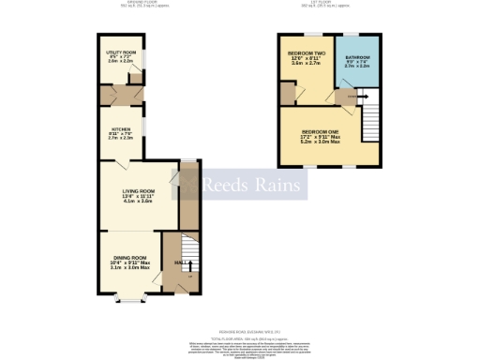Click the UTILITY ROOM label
[121, 53]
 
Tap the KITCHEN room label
[121, 128]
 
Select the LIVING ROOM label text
[137, 191]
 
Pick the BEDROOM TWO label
[307, 54]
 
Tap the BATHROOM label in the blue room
[357, 57]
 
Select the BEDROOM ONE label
[321, 131]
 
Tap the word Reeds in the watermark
[224, 185]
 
